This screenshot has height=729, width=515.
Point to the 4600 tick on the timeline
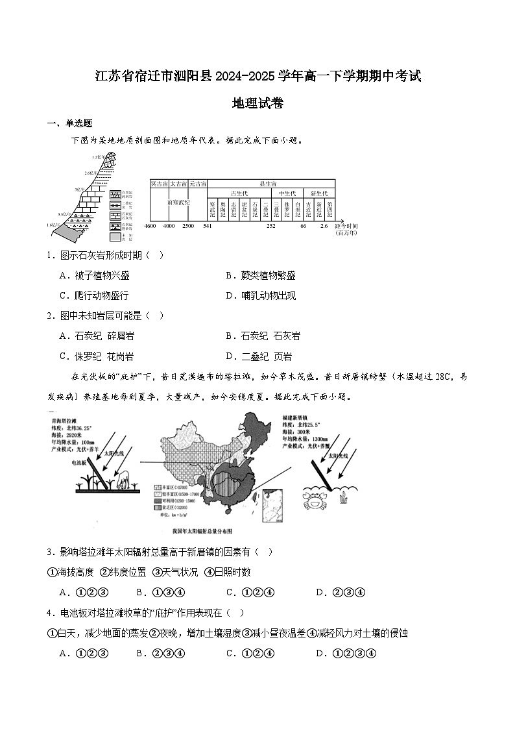click(x=150, y=226)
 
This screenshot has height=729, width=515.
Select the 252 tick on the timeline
click(x=271, y=226)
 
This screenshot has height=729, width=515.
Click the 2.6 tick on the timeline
click(x=324, y=226)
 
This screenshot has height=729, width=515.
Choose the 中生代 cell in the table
click(x=287, y=193)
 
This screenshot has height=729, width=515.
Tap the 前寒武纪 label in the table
click(x=178, y=203)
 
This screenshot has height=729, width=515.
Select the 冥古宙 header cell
click(x=159, y=184)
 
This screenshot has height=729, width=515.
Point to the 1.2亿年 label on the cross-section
click(x=98, y=158)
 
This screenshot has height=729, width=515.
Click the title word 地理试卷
click(x=257, y=103)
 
